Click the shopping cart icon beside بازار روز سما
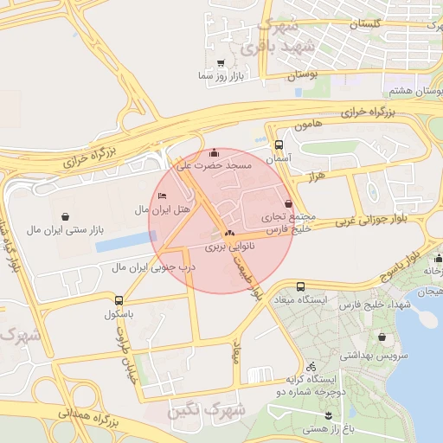221,63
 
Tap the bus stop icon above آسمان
279,145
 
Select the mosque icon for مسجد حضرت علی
214,152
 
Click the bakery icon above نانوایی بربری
229,234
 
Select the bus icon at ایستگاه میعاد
299,286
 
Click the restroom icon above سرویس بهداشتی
382,337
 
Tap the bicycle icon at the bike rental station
311,366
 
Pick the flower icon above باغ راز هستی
329,415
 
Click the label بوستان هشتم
414,90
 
